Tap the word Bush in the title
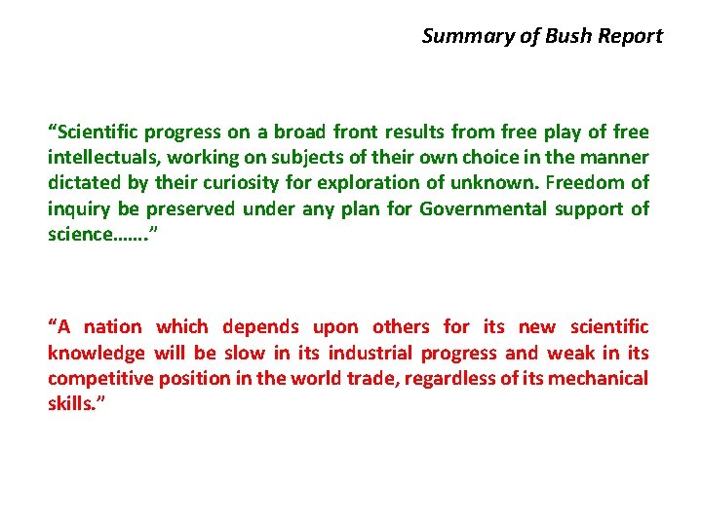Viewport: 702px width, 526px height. pos(568,37)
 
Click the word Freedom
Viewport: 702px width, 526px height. pos(584,182)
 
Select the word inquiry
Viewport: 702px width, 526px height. pos(78,207)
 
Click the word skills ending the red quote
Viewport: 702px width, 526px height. pos(69,403)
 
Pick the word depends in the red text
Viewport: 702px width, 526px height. pos(258,327)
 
